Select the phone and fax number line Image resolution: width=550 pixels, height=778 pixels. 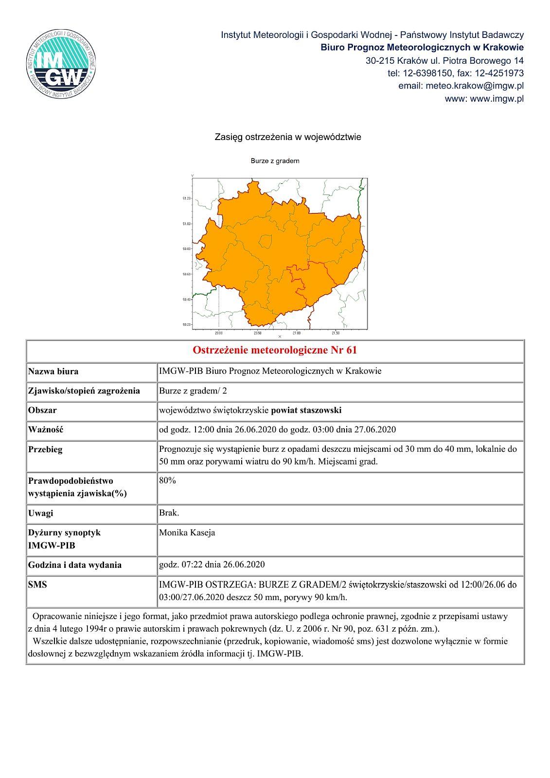coord(455,73)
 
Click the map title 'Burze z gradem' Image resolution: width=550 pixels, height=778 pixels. coord(275,161)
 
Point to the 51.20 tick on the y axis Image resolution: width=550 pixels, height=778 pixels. coord(187,198)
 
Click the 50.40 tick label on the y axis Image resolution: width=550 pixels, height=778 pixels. coord(187,300)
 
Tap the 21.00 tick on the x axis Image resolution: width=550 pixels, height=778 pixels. coord(297,333)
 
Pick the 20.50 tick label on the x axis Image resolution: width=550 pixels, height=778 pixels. coord(258,333)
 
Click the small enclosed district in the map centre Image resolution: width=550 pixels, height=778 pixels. coord(266,241)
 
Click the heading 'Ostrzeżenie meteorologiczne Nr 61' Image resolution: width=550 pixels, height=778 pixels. coord(275,350)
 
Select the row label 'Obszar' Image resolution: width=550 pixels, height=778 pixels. coord(42,410)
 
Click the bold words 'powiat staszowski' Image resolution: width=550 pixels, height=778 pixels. coord(306,410)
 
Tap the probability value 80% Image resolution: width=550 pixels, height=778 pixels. coord(167,480)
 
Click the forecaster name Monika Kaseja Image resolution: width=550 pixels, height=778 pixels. coord(187,533)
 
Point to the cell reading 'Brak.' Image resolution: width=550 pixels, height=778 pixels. coord(169,513)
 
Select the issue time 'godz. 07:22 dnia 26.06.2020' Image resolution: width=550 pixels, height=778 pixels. coord(212,565)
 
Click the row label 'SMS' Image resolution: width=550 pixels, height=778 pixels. coord(37,584)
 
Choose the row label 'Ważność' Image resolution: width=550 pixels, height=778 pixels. coord(46,430)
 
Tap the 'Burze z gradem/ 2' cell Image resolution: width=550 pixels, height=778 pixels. coord(193,391)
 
